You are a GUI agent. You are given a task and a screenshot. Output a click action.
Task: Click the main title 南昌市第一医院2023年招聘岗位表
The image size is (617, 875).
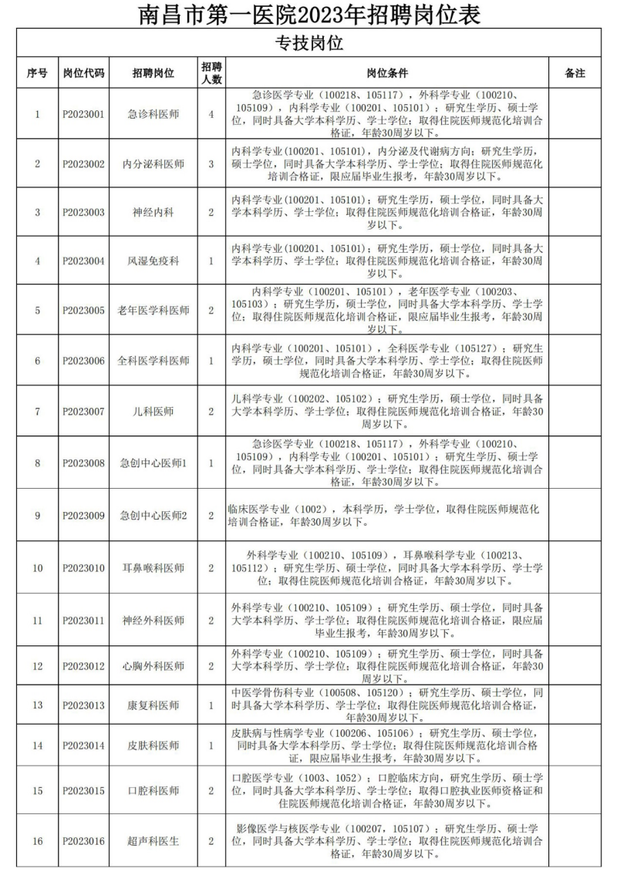tap(308, 15)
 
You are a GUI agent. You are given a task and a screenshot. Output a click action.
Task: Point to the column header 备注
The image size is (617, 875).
tap(575, 73)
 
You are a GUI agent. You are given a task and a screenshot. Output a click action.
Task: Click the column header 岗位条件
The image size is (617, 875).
tap(386, 73)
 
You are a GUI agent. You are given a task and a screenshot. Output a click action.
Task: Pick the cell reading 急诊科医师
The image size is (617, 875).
tap(153, 114)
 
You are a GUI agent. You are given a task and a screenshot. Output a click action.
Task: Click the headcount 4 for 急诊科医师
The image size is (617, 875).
tap(211, 114)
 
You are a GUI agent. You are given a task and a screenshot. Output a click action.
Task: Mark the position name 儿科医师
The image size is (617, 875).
tap(153, 411)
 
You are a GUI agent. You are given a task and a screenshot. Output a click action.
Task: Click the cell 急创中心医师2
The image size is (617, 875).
tap(153, 515)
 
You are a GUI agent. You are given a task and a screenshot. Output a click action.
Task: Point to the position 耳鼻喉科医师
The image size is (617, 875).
tap(153, 568)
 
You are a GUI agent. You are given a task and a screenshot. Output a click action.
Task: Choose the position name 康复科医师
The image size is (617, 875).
tap(153, 705)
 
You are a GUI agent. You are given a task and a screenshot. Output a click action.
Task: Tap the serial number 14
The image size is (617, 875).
tap(37, 745)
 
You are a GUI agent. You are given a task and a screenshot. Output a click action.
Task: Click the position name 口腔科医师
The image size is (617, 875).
tap(153, 791)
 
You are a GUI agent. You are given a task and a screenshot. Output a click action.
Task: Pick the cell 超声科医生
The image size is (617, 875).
tap(153, 841)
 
